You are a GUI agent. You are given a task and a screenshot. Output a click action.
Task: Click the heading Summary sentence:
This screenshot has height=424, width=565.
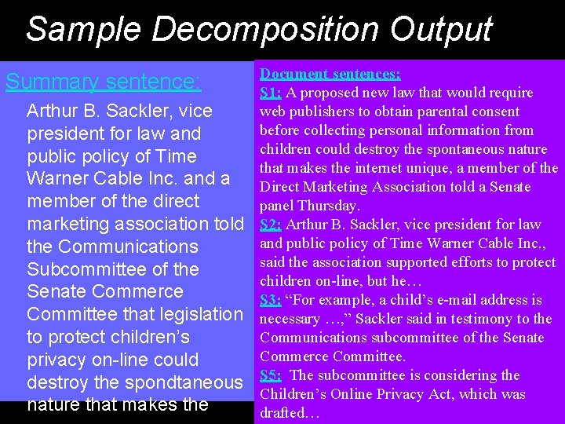click(103, 82)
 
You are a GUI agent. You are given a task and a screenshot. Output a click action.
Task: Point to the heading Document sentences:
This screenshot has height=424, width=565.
click(330, 74)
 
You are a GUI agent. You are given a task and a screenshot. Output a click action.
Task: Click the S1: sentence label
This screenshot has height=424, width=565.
click(271, 93)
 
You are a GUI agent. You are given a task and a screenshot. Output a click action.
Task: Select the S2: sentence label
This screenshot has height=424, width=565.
click(271, 225)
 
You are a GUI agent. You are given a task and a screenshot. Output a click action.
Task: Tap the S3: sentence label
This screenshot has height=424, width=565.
click(271, 300)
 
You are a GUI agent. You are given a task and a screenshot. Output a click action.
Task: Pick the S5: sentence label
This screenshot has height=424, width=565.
click(271, 375)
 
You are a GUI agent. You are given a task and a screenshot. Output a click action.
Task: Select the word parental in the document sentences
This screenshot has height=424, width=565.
click(443, 111)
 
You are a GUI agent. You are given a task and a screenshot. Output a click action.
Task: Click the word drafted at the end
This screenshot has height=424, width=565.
click(283, 413)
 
